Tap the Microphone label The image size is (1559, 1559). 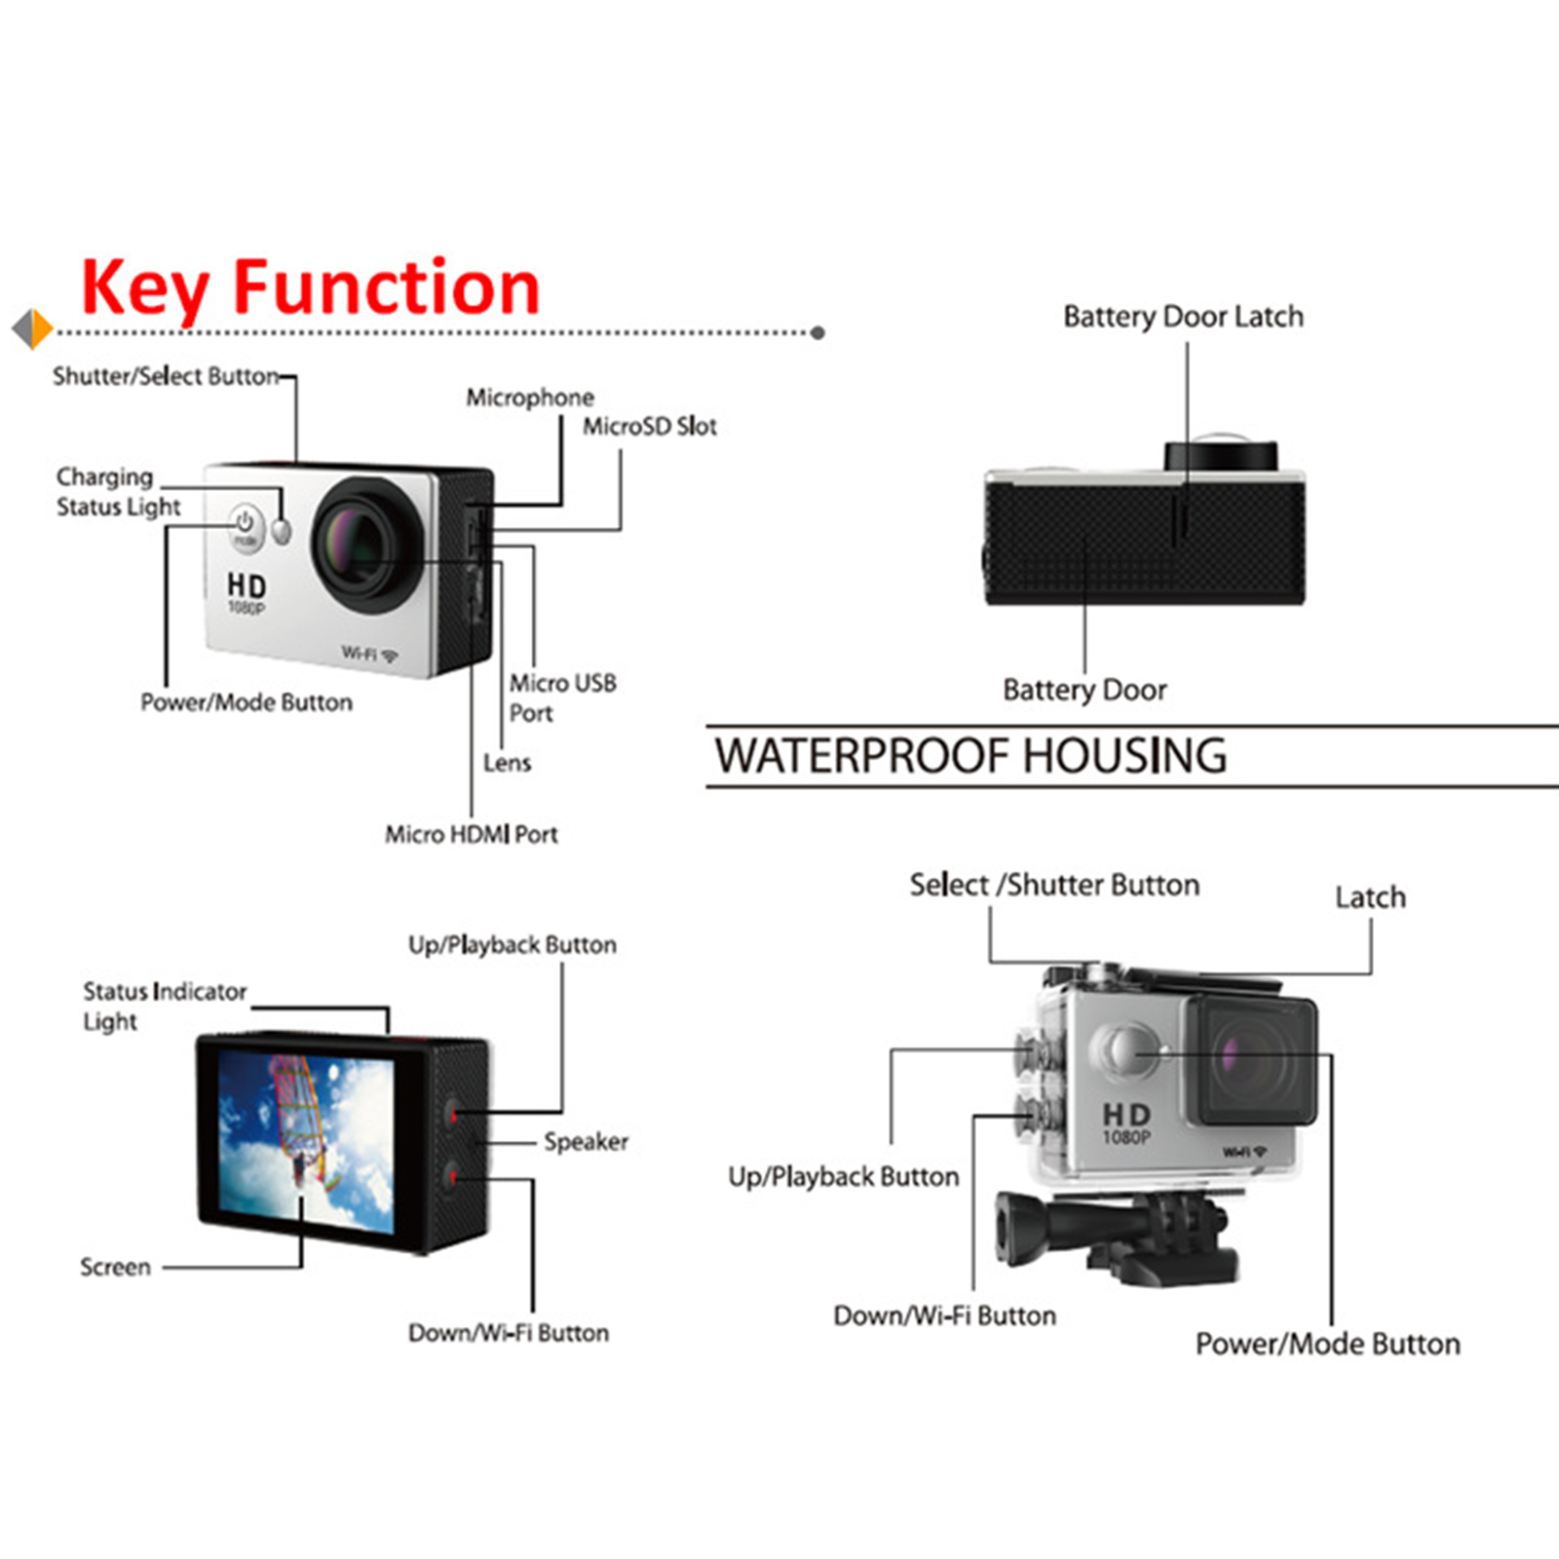coord(529,398)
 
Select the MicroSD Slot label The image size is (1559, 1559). coord(649,426)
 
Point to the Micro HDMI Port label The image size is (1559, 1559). coord(471,834)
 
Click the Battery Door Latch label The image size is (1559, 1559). coord(1183,317)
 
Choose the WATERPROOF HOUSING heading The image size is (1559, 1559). coord(970,756)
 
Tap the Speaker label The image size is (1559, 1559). coord(586,1141)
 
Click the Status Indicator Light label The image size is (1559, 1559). coord(164,1006)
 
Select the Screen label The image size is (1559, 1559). coord(115,1267)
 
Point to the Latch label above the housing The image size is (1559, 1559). coord(1370,897)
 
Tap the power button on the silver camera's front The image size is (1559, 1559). coord(245,526)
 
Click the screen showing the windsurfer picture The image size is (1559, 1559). coord(306,1140)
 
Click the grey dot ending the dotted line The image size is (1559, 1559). coord(818,332)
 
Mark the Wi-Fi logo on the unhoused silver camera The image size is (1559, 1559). coord(369,653)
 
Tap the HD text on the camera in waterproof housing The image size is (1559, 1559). coord(1126,1114)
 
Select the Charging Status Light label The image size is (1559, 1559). coord(117,491)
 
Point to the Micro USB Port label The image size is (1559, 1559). coord(562,698)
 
